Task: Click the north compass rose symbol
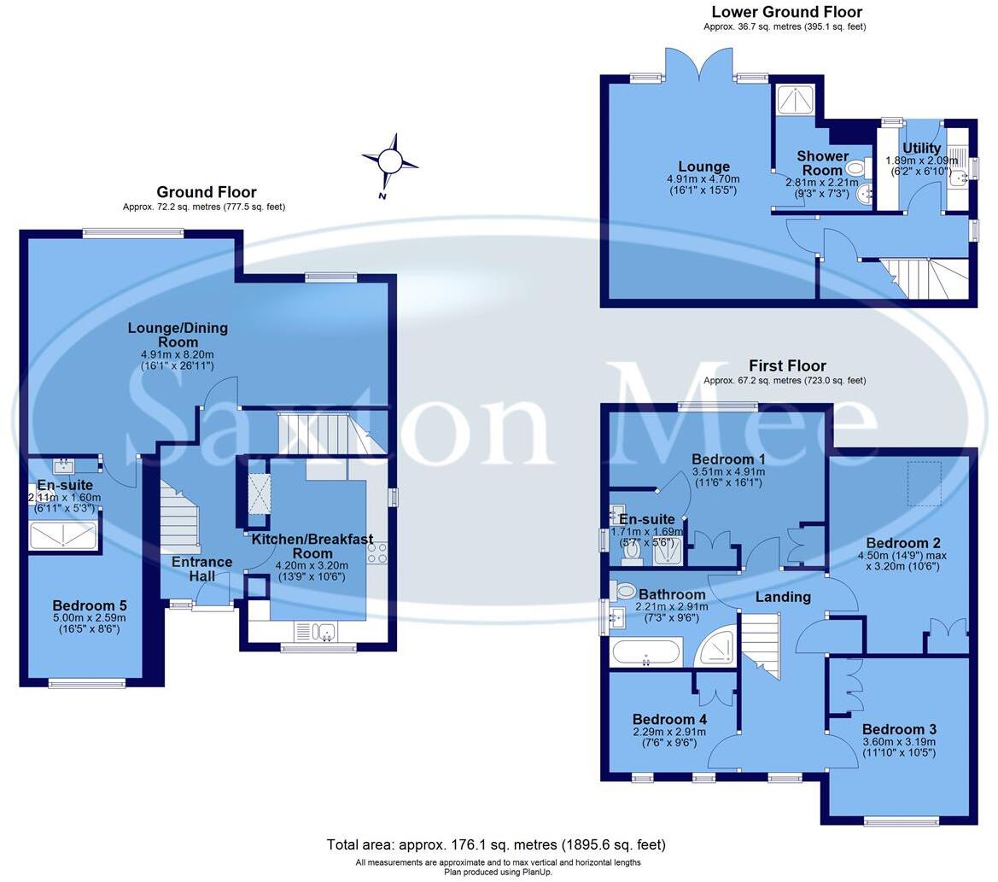click(x=390, y=161)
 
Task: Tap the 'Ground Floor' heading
click(x=206, y=192)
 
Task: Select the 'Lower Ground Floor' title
click(x=786, y=12)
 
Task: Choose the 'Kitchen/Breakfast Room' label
click(x=312, y=546)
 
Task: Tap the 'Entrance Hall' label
click(x=201, y=569)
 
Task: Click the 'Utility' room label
click(x=921, y=148)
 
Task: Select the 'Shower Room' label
click(x=822, y=162)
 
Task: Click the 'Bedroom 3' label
click(x=898, y=729)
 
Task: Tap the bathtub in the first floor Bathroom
click(x=646, y=653)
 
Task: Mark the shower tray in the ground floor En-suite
click(x=64, y=535)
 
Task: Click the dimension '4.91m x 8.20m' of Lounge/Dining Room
click(x=178, y=354)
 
